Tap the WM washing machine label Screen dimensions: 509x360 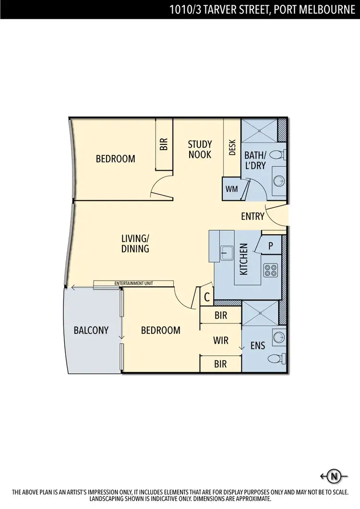(232, 189)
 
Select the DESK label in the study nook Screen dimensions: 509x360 (232, 147)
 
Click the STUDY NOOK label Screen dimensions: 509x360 (200, 149)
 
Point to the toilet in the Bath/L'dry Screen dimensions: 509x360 (277, 155)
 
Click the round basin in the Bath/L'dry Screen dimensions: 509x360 (278, 180)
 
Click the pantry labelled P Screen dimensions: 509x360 (271, 246)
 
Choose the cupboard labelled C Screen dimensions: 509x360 (207, 297)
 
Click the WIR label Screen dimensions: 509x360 (220, 340)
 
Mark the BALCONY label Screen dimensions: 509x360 (91, 330)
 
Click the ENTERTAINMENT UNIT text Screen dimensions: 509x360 (134, 284)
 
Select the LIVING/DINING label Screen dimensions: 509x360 (135, 243)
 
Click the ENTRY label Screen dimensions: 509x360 (252, 216)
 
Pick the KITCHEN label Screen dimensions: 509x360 (244, 259)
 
